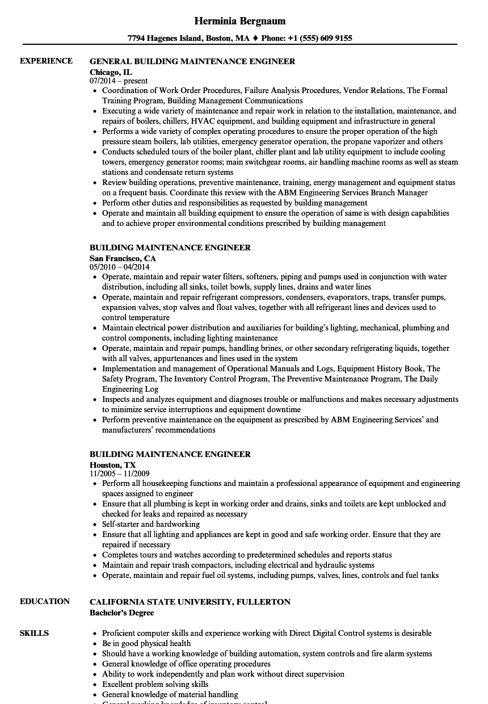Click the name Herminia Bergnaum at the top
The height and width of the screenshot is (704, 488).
click(x=239, y=21)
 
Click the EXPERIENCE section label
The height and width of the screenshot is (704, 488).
click(x=46, y=61)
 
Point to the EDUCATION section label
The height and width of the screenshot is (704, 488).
click(x=45, y=601)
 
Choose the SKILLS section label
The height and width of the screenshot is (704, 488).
click(x=34, y=633)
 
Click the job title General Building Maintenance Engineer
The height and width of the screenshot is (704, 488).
click(x=192, y=61)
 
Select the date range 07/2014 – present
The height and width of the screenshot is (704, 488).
click(x=119, y=81)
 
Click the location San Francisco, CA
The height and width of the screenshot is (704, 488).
click(x=123, y=258)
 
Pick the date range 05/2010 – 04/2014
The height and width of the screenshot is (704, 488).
click(x=119, y=267)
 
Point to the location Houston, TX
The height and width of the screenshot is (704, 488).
click(x=112, y=465)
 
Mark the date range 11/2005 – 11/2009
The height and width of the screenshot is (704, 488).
click(x=119, y=473)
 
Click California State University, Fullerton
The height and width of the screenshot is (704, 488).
click(x=190, y=602)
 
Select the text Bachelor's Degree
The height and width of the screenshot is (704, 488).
click(x=121, y=613)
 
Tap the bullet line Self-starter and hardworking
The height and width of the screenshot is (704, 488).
click(x=151, y=524)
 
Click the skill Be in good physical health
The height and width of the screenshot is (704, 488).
click(x=146, y=643)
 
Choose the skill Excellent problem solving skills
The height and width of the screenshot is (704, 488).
click(x=155, y=684)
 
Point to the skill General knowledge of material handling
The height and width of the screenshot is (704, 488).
click(x=170, y=694)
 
